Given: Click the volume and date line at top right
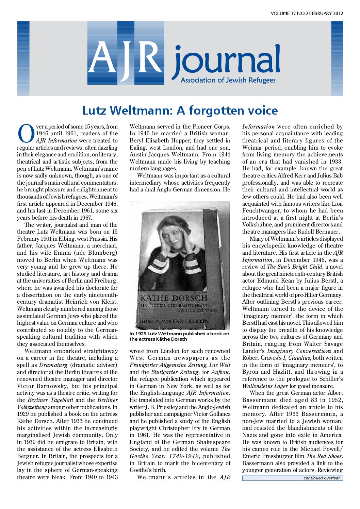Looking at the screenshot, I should click(307, 14).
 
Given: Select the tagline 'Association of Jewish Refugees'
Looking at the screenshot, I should click(228, 80).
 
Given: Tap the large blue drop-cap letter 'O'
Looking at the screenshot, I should click(26, 134).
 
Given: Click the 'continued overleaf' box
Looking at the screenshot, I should click(292, 478).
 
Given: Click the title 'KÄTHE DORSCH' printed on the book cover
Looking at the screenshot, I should click(174, 298).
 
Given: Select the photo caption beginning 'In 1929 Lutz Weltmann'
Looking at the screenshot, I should click(179, 336).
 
